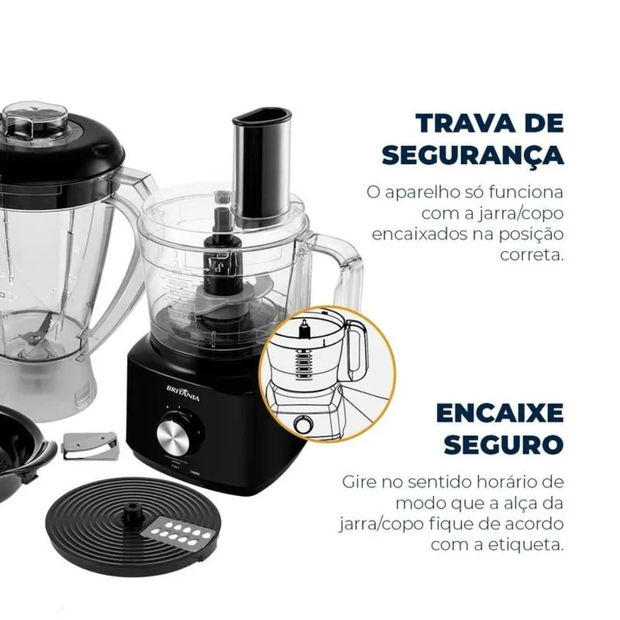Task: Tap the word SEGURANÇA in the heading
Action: click(x=472, y=155)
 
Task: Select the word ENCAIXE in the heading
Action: click(x=500, y=413)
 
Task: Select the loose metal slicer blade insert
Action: click(x=91, y=446)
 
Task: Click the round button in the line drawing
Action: click(x=304, y=425)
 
